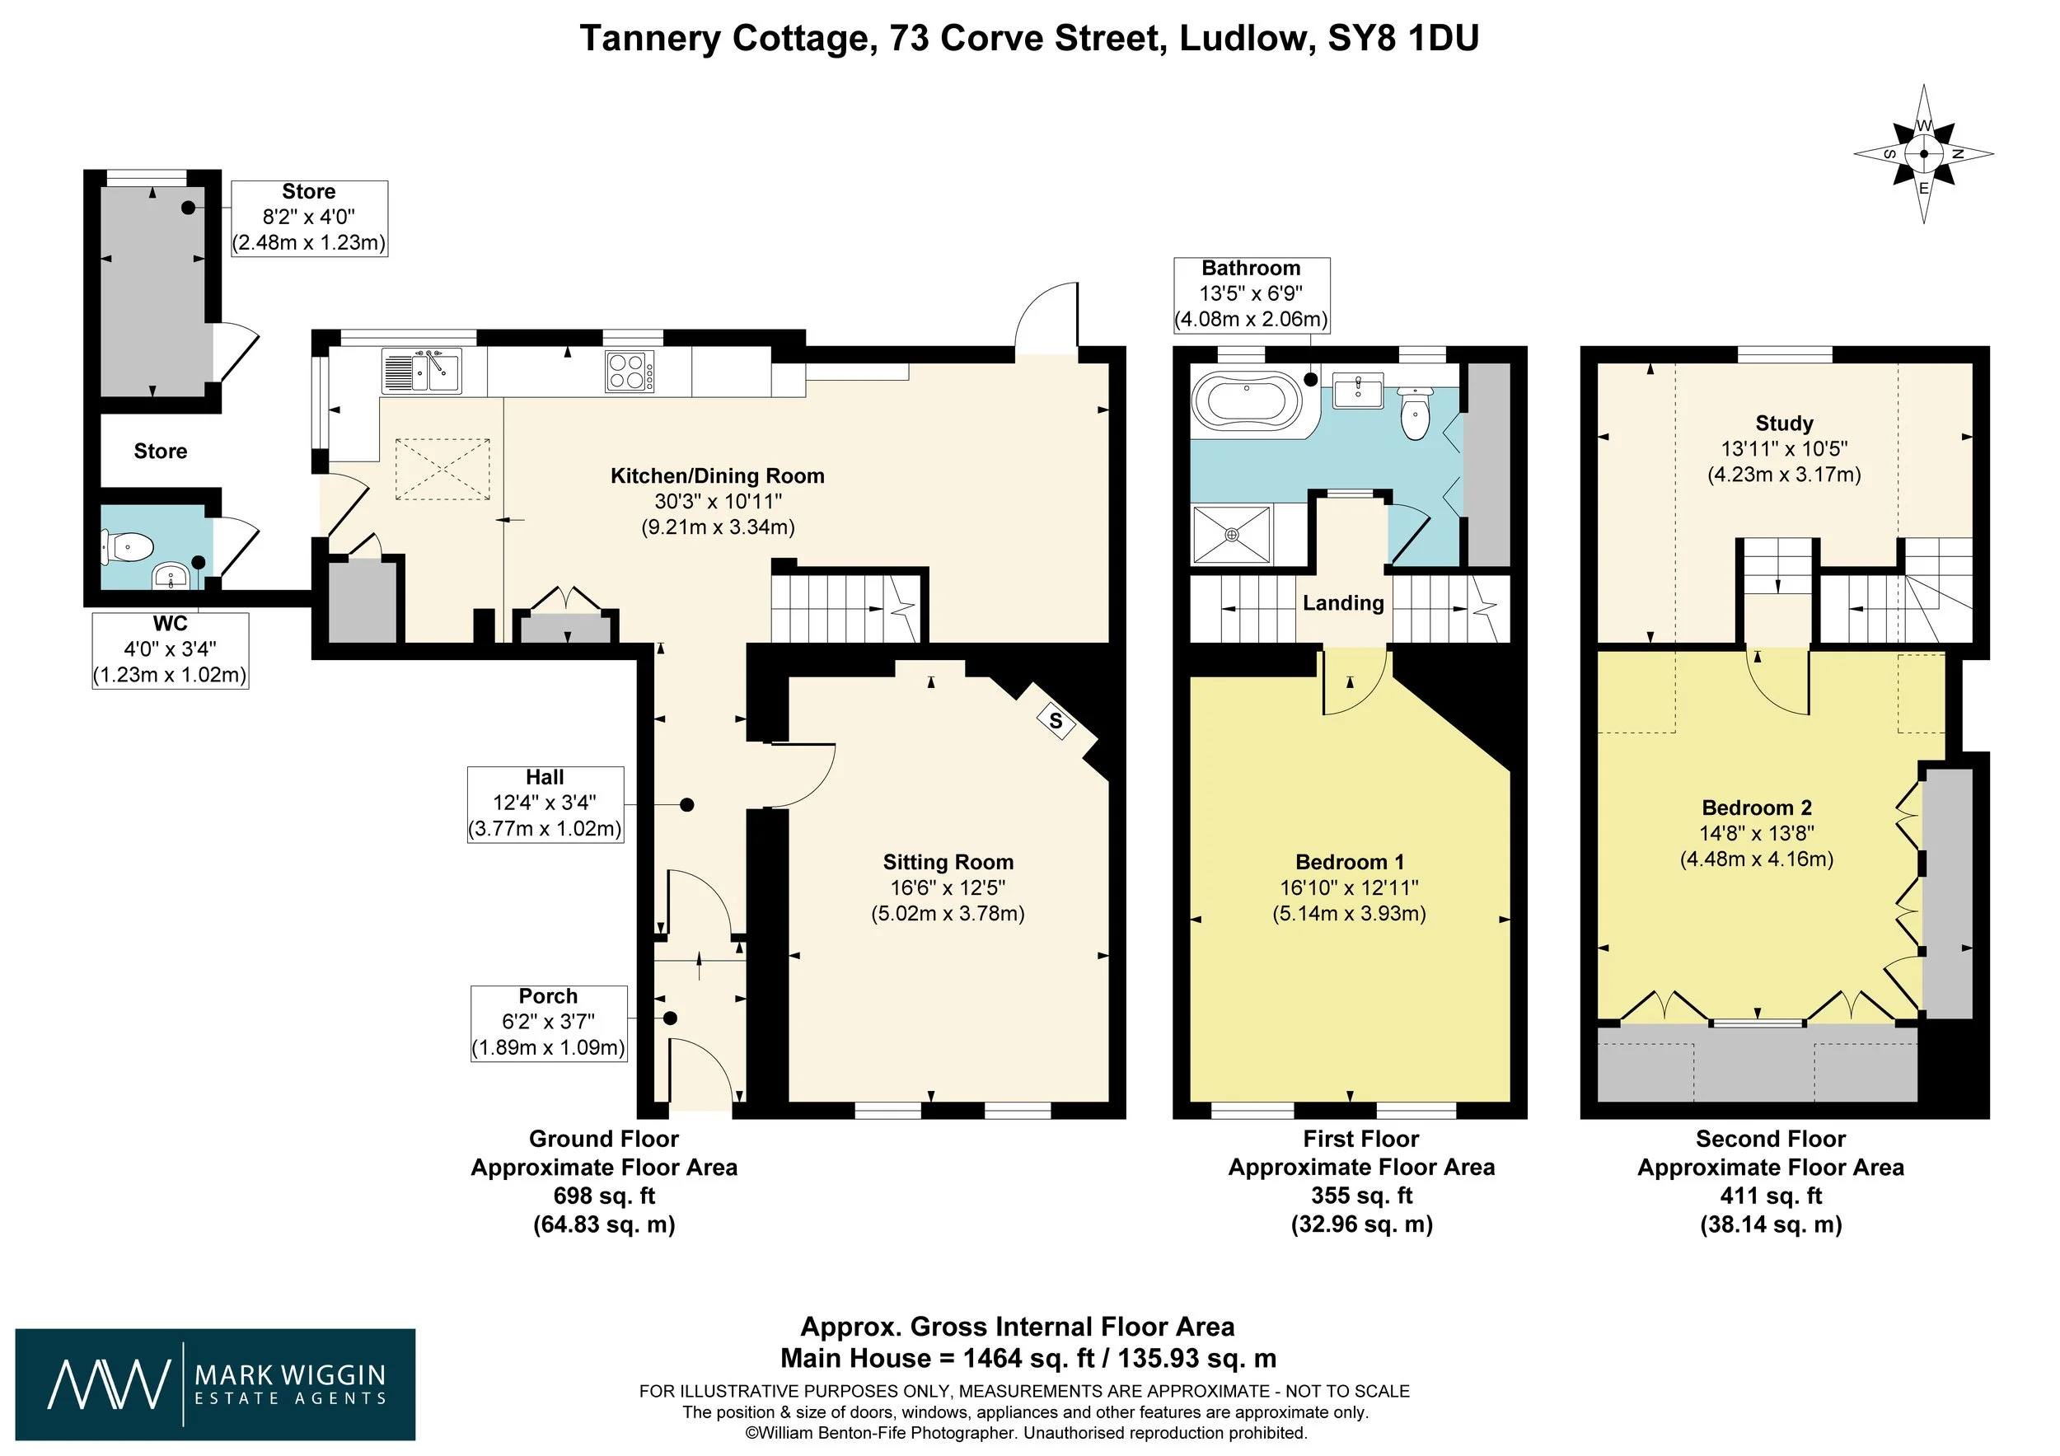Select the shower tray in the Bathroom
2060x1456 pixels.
pyautogui.click(x=1232, y=535)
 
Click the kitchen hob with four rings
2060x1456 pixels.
pyautogui.click(x=630, y=372)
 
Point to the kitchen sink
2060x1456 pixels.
pyautogui.click(x=421, y=372)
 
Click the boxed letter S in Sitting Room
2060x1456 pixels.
pyautogui.click(x=1056, y=720)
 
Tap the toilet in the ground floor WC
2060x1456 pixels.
pyautogui.click(x=128, y=546)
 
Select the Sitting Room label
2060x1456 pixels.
pyautogui.click(x=948, y=862)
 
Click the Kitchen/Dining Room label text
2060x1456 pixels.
pyautogui.click(x=718, y=475)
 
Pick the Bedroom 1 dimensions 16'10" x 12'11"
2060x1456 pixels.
pyautogui.click(x=1349, y=888)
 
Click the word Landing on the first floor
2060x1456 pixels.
pyautogui.click(x=1343, y=603)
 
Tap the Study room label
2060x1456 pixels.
pyautogui.click(x=1785, y=424)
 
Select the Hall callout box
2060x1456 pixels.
pyautogui.click(x=545, y=803)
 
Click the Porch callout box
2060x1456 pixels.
pyautogui.click(x=548, y=1023)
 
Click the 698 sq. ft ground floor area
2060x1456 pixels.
pyautogui.click(x=605, y=1196)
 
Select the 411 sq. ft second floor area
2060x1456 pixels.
pyautogui.click(x=1771, y=1196)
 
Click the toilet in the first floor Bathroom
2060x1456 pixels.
pyautogui.click(x=1415, y=414)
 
